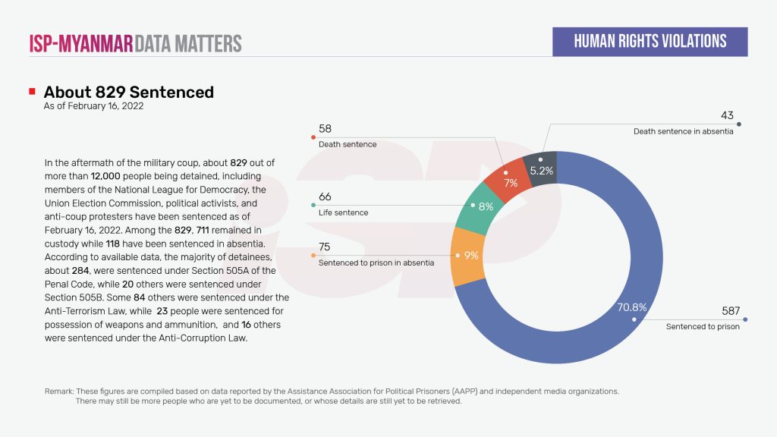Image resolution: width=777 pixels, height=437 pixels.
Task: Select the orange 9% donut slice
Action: click(x=464, y=256)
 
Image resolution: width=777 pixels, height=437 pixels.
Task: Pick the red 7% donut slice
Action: click(x=509, y=175)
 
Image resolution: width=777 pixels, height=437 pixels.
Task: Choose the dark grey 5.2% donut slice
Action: click(x=542, y=165)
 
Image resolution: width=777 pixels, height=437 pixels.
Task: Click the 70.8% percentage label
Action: click(x=631, y=307)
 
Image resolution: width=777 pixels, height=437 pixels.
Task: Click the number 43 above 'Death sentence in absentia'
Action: click(x=726, y=116)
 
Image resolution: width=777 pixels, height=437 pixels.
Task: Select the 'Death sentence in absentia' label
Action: click(x=683, y=131)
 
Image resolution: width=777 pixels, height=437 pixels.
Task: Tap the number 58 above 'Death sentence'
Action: click(x=325, y=129)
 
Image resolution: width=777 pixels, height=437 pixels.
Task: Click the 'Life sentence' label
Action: click(x=343, y=212)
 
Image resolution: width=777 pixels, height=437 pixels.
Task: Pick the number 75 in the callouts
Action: click(x=325, y=247)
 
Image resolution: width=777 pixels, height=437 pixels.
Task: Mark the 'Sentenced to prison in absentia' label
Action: click(x=376, y=263)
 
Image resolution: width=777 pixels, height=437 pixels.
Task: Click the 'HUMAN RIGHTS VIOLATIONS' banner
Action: click(x=650, y=42)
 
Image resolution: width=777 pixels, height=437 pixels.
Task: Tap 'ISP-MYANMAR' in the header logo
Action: click(x=81, y=42)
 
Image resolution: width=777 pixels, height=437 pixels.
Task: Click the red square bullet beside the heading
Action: click(x=32, y=92)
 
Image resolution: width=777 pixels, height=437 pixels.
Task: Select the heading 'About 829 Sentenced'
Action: click(x=129, y=93)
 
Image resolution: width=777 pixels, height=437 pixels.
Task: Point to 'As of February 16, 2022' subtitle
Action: click(x=93, y=107)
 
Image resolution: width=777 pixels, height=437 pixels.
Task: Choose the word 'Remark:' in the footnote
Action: click(x=59, y=391)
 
